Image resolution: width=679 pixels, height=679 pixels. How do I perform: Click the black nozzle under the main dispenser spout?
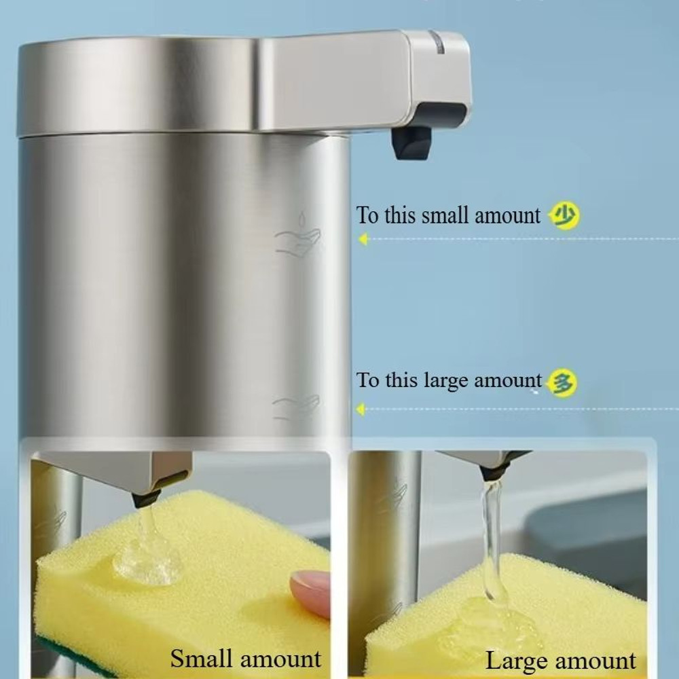[411, 143]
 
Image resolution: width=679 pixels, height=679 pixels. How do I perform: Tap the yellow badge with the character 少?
[564, 215]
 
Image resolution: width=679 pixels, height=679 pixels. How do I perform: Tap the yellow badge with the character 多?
[562, 382]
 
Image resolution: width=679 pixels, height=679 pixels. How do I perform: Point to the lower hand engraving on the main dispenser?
[296, 407]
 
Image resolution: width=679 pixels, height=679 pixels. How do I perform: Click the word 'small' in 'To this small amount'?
[445, 215]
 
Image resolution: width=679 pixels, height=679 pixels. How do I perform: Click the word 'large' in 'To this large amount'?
[446, 381]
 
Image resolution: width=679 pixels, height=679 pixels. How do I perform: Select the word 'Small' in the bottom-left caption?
[202, 659]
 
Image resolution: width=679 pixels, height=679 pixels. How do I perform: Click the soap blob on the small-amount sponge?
[147, 559]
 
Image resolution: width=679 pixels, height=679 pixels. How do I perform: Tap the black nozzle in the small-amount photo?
[145, 498]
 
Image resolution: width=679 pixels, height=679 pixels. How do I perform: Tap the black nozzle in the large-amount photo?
[491, 473]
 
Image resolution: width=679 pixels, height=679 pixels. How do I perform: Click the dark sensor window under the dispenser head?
[443, 115]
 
